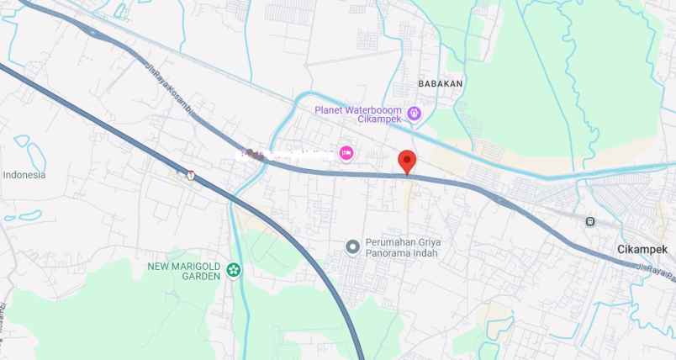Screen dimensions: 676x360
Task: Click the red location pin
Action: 407,160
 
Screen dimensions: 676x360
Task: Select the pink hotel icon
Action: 346,152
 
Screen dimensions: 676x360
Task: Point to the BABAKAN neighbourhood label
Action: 441,84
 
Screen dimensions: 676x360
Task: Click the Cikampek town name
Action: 642,250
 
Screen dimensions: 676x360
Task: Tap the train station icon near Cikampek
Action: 590,221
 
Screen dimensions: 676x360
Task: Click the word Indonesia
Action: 24,175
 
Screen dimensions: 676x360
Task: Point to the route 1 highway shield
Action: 192,175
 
